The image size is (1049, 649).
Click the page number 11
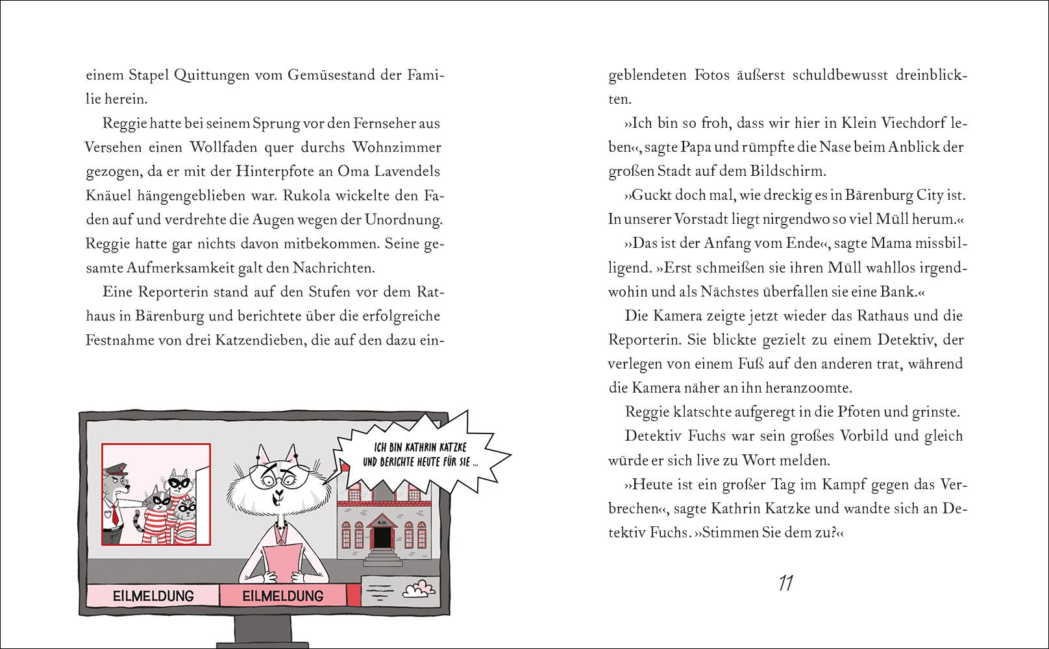pyautogui.click(x=785, y=583)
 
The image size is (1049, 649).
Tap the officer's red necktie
pyautogui.click(x=115, y=514)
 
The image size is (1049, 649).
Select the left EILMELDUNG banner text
pyautogui.click(x=153, y=595)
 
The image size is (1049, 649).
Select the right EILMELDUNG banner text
pyautogui.click(x=282, y=595)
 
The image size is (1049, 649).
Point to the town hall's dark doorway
pyautogui.click(x=383, y=537)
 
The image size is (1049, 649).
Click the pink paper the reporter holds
pyautogui.click(x=282, y=565)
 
